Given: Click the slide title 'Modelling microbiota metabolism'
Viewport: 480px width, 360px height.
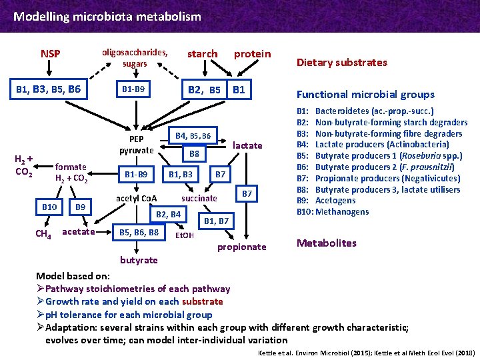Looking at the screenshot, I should (107, 16).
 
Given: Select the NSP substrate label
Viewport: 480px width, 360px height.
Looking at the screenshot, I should (50, 53).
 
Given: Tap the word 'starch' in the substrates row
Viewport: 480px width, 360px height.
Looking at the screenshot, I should (202, 53).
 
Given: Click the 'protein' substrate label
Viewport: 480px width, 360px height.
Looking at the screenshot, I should (252, 53).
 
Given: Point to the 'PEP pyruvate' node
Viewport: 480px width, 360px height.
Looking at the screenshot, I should (136, 145).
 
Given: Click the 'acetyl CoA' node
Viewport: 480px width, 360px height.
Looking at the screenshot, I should (136, 198).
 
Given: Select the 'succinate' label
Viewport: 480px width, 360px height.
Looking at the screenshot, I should (199, 198).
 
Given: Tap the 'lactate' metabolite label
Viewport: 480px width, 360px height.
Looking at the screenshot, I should (248, 145).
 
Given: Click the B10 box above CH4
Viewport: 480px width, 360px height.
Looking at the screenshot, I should (49, 207).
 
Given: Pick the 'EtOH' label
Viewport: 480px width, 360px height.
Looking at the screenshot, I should (184, 235).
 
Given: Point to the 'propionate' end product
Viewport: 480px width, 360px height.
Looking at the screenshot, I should (241, 247).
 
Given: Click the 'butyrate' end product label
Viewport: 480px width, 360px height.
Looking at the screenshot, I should (139, 260).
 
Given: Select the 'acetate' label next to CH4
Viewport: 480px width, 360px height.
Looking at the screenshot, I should (78, 232).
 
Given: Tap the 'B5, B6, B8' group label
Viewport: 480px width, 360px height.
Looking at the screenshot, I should (138, 232).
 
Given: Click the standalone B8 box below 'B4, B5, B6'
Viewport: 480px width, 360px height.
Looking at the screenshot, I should (194, 154).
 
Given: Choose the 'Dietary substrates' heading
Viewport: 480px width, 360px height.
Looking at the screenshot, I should (341, 63).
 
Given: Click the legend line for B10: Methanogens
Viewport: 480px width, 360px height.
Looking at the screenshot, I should (333, 212).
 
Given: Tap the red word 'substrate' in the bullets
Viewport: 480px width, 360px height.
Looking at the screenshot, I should (201, 301).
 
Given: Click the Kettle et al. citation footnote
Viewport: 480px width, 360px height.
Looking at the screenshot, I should (366, 351).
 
